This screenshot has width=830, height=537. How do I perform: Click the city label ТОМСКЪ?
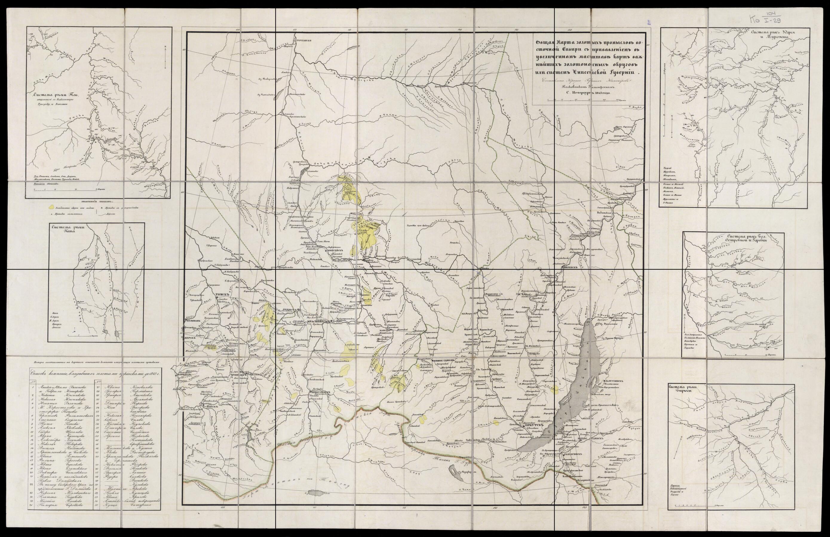tap(223, 294)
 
